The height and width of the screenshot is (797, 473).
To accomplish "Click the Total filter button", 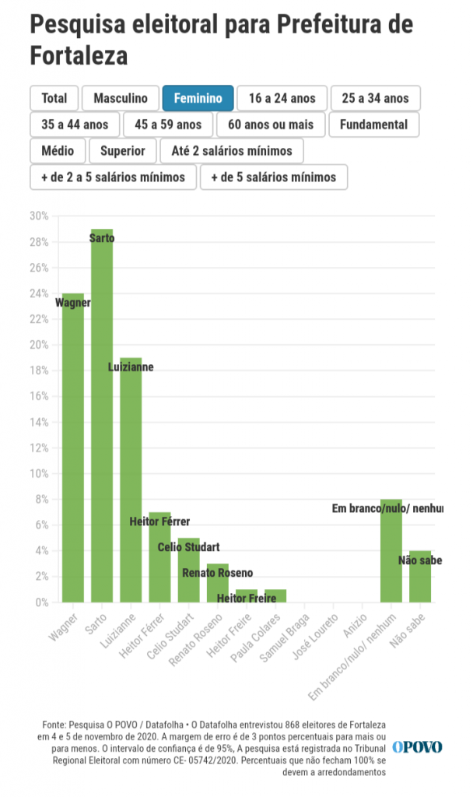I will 54,98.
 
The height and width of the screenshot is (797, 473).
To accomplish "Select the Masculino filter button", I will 121,98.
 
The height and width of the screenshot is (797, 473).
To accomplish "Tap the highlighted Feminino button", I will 198,98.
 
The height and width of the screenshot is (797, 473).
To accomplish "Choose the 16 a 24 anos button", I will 282,98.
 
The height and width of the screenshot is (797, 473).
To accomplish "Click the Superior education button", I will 123,151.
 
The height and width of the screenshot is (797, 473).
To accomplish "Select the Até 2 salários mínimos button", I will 232,151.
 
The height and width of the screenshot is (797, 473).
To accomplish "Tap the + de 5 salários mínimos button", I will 274,177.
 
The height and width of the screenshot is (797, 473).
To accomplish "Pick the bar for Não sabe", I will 420,577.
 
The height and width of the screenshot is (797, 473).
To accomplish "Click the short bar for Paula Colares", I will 275,596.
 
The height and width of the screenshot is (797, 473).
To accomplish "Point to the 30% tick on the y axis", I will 39,216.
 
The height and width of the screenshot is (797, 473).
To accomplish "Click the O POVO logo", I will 417,747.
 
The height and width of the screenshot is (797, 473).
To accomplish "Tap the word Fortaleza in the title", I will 79,56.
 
